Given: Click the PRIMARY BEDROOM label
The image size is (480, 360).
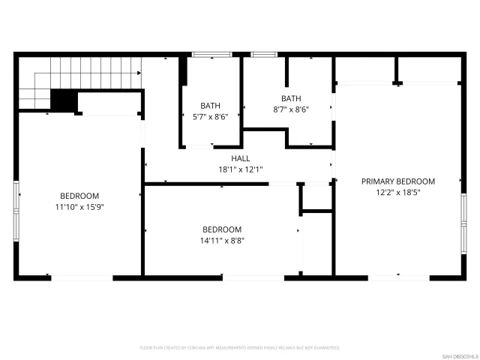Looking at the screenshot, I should [398, 181].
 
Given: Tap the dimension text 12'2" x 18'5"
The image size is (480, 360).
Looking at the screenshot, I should [398, 192].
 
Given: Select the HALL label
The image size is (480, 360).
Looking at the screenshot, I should [240, 158].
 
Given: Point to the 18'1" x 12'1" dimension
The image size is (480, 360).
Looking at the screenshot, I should [240, 169].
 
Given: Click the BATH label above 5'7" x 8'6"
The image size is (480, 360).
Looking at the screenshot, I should [210, 106].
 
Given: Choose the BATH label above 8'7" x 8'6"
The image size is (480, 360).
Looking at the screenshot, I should [291, 98].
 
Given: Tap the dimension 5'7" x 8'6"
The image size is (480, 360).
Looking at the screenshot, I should [210, 116].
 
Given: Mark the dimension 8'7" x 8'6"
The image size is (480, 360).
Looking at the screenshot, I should [291, 109].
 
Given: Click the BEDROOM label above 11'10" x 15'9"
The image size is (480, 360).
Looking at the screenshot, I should [79, 196].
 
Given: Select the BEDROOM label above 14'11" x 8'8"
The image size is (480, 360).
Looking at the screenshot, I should [222, 229].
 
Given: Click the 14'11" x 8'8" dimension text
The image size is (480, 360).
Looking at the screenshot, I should [222, 240].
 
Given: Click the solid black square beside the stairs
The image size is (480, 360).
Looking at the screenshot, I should [64, 100].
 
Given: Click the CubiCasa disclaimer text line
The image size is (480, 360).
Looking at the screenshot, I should [240, 348].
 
